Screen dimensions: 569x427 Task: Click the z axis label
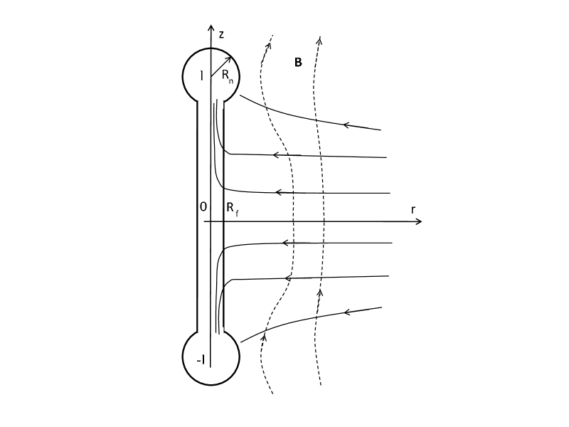pyautogui.click(x=222, y=33)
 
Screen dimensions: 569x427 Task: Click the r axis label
pyautogui.click(x=413, y=209)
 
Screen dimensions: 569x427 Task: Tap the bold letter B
pyautogui.click(x=298, y=63)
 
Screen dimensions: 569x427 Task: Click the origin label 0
pyautogui.click(x=203, y=206)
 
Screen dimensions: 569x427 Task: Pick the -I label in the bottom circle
pyautogui.click(x=201, y=360)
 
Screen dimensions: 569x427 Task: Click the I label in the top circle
pyautogui.click(x=202, y=76)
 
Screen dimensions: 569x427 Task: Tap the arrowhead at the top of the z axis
pyautogui.click(x=211, y=28)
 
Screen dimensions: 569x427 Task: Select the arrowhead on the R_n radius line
pyautogui.click(x=228, y=58)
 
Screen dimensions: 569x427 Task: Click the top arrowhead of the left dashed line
pyautogui.click(x=269, y=45)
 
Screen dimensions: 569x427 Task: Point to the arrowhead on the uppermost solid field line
pyautogui.click(x=348, y=125)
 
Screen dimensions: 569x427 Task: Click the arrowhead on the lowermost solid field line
pyautogui.click(x=348, y=312)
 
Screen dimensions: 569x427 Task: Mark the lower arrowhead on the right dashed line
pyautogui.click(x=319, y=292)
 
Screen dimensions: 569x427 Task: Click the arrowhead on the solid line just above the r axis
pyautogui.click(x=280, y=192)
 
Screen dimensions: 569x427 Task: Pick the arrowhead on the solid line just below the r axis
pyautogui.click(x=286, y=243)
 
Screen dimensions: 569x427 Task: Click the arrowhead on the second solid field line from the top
pyautogui.click(x=277, y=154)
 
